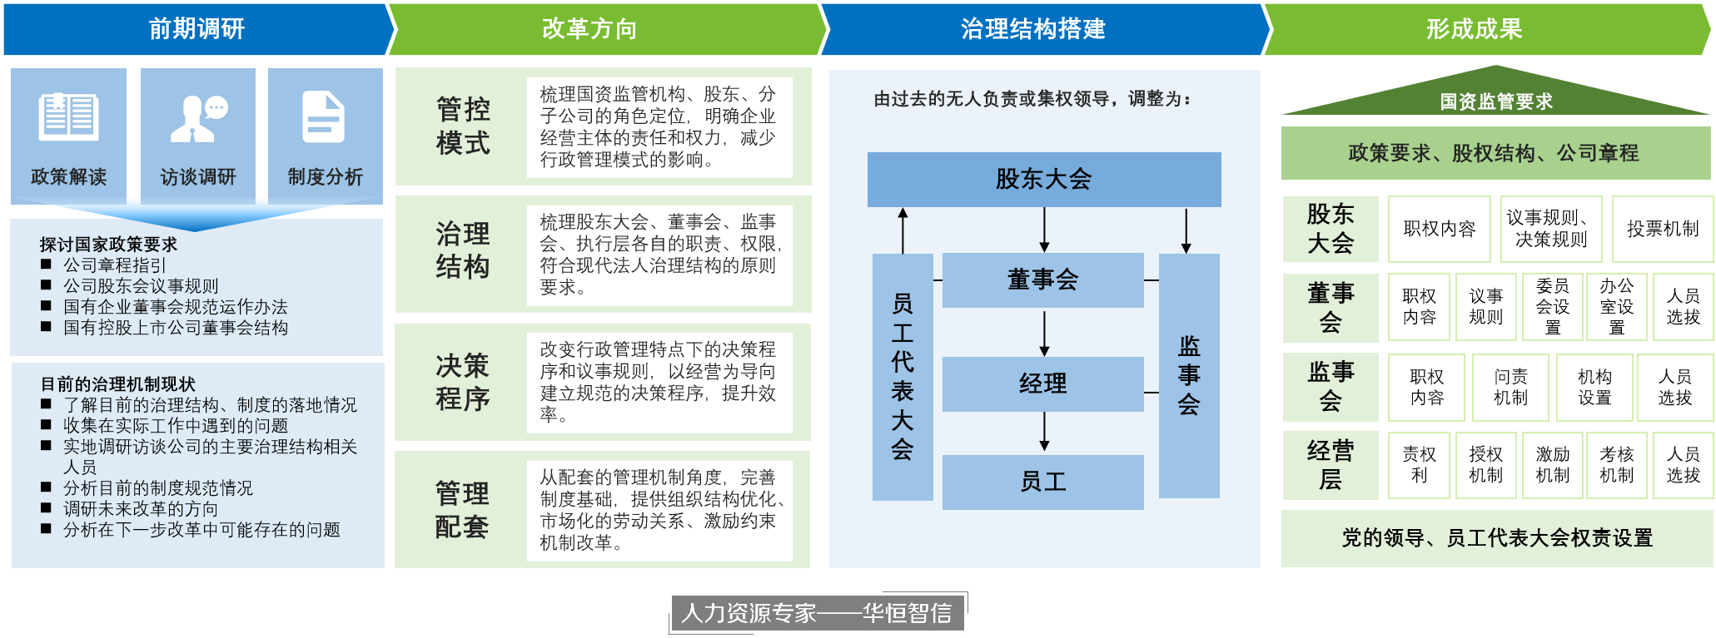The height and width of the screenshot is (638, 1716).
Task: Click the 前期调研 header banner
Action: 196,29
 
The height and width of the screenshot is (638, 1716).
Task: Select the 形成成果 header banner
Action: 1474,29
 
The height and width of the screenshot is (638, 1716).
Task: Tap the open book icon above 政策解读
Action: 68,117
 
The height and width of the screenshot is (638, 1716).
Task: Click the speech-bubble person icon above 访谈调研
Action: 198,118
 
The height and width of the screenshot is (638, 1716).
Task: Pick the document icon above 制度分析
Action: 324,117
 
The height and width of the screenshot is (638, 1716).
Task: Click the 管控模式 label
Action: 463,126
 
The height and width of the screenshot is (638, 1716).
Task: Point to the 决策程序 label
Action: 463,383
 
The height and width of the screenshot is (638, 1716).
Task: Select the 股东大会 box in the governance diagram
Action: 1043,179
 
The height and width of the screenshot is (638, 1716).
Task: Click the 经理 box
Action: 1042,383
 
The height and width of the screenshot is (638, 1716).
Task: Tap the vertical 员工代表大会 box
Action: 903,377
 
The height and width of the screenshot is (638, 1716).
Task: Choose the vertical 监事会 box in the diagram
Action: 1189,375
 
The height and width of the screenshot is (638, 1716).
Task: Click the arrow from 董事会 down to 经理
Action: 1044,333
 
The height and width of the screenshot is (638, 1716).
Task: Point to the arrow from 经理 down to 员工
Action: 1044,433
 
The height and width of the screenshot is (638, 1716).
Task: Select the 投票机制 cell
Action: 1662,229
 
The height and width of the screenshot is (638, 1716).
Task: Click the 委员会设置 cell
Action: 1552,307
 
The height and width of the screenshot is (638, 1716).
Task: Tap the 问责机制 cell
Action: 1510,388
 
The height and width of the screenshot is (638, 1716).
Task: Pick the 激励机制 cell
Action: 1552,465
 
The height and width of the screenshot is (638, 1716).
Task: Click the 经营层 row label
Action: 1331,465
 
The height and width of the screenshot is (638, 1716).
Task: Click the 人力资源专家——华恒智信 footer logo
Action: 816,614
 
